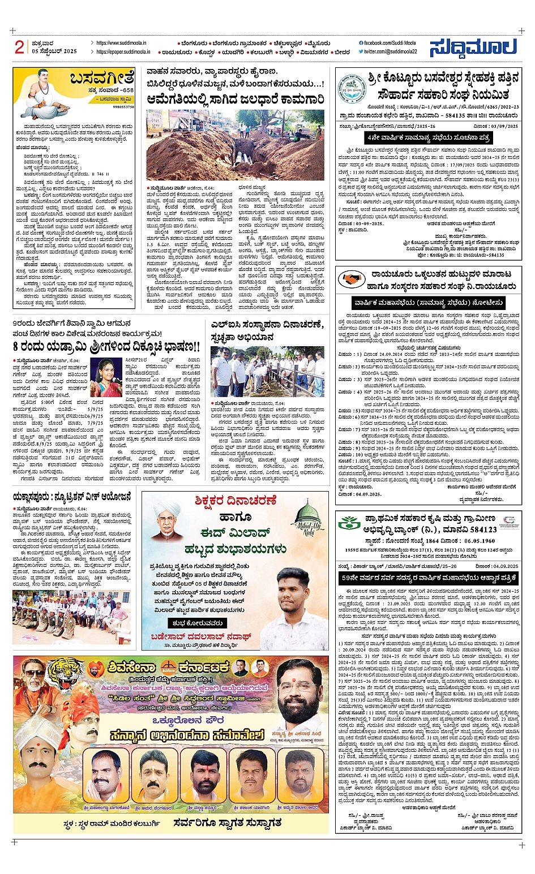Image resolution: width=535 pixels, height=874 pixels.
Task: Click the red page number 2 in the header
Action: click(x=19, y=47)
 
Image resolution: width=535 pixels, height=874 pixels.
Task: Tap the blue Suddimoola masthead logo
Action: click(x=473, y=48)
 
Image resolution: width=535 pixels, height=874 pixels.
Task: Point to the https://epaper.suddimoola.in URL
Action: click(x=123, y=51)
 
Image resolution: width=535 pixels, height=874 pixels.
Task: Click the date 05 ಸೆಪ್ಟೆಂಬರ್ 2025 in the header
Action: click(x=54, y=51)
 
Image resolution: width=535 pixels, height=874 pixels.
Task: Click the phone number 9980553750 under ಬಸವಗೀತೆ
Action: click(x=123, y=106)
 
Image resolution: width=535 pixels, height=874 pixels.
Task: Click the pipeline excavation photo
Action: click(x=235, y=144)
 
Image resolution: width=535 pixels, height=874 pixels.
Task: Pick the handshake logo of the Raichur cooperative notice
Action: click(x=352, y=279)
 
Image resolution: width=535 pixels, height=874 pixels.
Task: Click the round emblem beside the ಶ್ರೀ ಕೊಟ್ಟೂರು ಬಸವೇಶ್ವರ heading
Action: click(x=352, y=89)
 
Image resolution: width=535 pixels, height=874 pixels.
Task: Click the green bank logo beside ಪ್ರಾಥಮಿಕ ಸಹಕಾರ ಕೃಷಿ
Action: click(x=349, y=523)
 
